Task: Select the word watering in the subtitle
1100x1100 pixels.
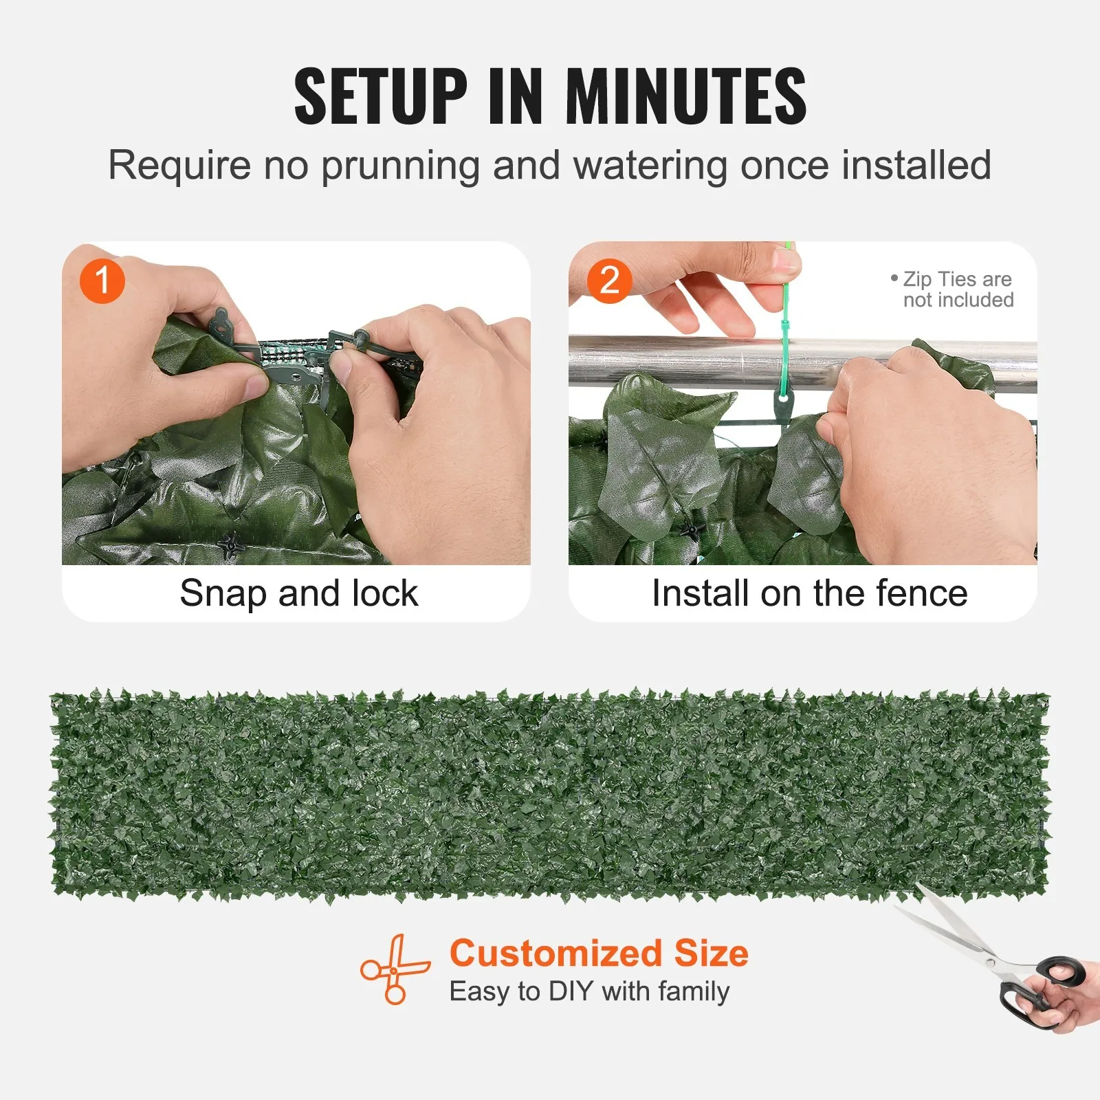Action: pyautogui.click(x=650, y=166)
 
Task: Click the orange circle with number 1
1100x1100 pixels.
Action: pyautogui.click(x=102, y=280)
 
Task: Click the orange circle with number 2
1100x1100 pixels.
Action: pyautogui.click(x=609, y=280)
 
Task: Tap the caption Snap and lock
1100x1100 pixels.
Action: pyautogui.click(x=298, y=593)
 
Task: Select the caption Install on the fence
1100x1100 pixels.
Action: pyautogui.click(x=809, y=593)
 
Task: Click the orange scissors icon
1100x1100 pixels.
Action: pyautogui.click(x=394, y=969)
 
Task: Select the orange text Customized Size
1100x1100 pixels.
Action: pyautogui.click(x=599, y=954)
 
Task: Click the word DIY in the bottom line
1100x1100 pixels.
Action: pyautogui.click(x=571, y=991)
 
